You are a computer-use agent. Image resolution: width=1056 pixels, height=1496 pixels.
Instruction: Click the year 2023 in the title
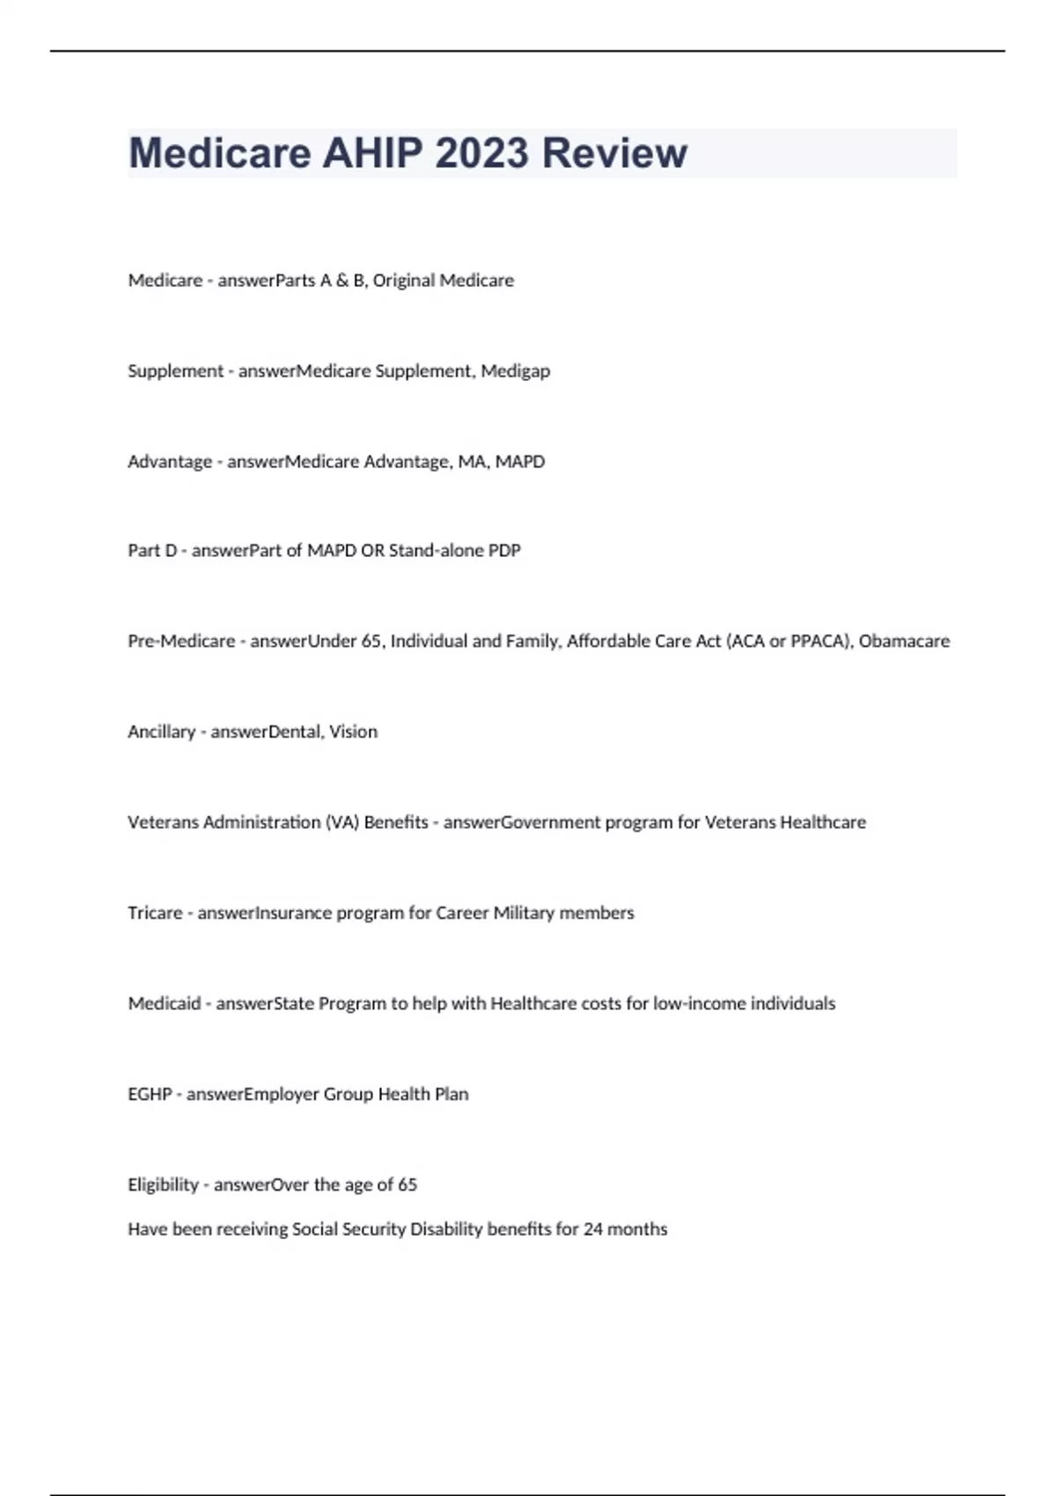pyautogui.click(x=481, y=153)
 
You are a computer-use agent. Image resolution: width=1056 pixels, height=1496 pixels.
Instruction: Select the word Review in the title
pyautogui.click(x=614, y=153)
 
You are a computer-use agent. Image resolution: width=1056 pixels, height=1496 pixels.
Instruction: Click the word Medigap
pyautogui.click(x=515, y=371)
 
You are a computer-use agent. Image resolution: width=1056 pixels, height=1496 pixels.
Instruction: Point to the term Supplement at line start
pyautogui.click(x=175, y=371)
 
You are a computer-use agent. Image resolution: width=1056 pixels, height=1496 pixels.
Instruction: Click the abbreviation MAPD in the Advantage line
pyautogui.click(x=520, y=462)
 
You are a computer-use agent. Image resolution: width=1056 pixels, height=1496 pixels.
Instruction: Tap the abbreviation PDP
pyautogui.click(x=504, y=551)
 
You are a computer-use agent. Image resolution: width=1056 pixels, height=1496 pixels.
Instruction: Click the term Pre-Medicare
pyautogui.click(x=181, y=642)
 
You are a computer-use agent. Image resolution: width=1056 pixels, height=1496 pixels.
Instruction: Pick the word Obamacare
pyautogui.click(x=904, y=642)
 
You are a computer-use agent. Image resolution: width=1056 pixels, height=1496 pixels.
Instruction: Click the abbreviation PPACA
pyautogui.click(x=820, y=642)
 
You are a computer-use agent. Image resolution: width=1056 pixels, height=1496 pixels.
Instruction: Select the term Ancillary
pyautogui.click(x=161, y=732)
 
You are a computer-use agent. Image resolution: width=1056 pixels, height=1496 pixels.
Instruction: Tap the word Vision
pyautogui.click(x=353, y=732)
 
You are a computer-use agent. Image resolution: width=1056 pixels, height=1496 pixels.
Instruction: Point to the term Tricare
pyautogui.click(x=155, y=913)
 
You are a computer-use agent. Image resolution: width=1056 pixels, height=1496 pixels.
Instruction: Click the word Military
pyautogui.click(x=524, y=913)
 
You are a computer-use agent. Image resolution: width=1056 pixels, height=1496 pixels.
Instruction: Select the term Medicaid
pyautogui.click(x=164, y=1004)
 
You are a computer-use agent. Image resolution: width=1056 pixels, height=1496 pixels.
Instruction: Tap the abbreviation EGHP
pyautogui.click(x=150, y=1095)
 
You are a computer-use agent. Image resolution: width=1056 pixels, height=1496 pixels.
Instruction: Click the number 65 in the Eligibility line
pyautogui.click(x=407, y=1185)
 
